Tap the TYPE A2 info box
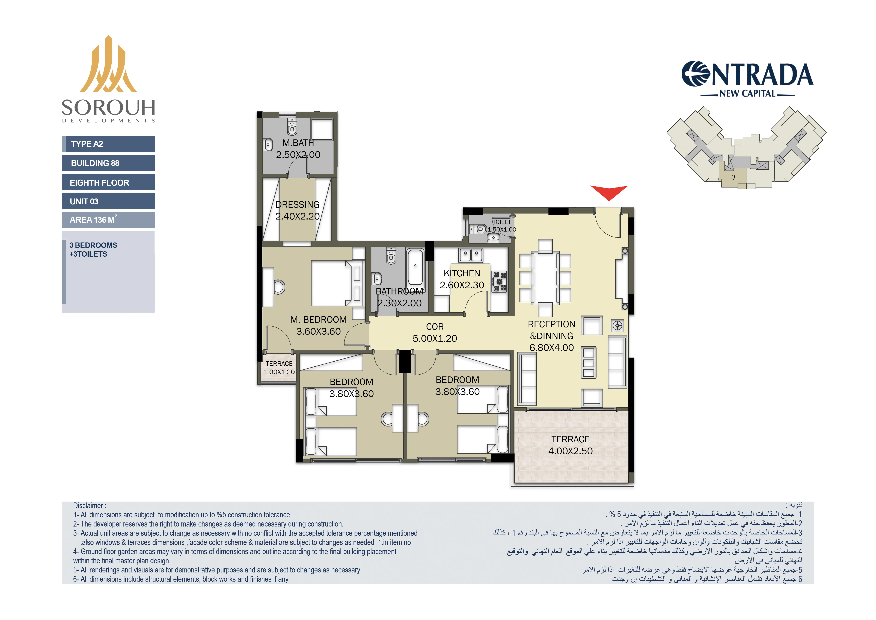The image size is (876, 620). point(108,144)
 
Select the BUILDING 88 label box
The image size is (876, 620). point(108,163)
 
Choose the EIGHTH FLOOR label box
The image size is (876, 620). point(108,183)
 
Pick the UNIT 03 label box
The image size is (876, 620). point(108,201)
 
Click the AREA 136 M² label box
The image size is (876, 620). point(108,220)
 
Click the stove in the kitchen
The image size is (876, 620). point(499,281)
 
